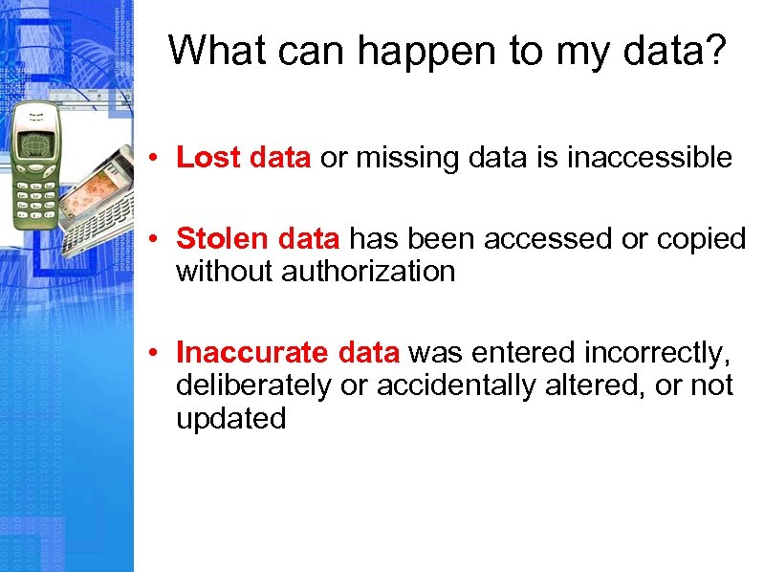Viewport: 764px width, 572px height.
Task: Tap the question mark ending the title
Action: coord(715,51)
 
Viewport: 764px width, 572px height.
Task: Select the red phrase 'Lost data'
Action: coord(244,158)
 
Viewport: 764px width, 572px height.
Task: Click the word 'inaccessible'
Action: coord(649,158)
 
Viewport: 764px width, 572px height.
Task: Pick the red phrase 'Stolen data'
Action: coord(258,239)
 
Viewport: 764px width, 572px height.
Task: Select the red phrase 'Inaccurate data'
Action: coord(288,353)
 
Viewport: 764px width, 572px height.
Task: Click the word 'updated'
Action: coord(230,418)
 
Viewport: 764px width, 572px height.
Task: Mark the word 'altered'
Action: coord(625,385)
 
